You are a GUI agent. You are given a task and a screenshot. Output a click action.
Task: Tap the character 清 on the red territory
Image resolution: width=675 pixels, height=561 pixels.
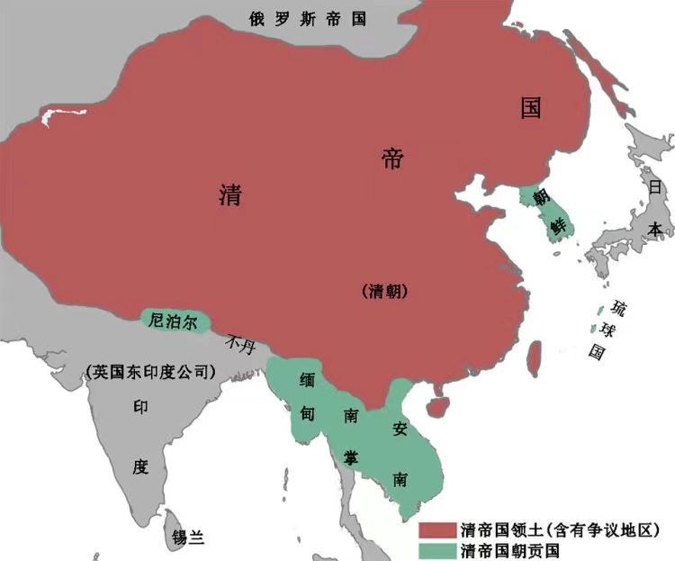point(230,195)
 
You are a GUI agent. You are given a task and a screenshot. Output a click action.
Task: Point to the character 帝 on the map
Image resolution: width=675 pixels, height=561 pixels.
point(393,160)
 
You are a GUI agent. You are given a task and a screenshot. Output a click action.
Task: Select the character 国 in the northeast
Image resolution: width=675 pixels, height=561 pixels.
point(531,108)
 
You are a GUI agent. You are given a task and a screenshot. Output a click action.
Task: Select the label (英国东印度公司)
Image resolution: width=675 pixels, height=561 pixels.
point(152,370)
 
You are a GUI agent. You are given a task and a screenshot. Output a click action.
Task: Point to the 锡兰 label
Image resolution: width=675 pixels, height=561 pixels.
point(188,538)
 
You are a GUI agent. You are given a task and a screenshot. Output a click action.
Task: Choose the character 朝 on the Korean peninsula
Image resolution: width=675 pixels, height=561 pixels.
point(540,197)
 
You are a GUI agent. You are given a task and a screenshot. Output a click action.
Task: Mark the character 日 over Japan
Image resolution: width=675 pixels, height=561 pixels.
point(654,187)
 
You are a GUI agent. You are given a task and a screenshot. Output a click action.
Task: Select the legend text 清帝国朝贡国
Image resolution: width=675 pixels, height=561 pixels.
point(509,549)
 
